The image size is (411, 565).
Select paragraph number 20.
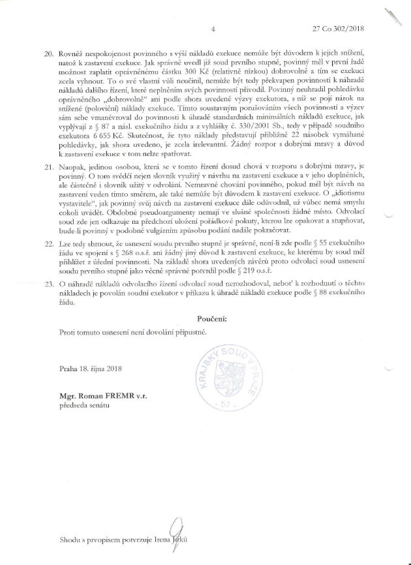point(46,51)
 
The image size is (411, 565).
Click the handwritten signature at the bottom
point(174,535)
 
